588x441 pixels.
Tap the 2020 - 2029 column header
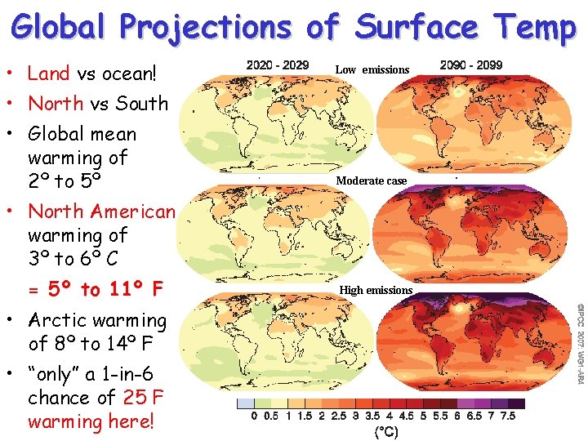(x=278, y=65)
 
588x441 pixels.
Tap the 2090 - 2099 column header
(x=471, y=65)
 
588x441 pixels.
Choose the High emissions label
(x=376, y=290)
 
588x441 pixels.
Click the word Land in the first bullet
(x=49, y=73)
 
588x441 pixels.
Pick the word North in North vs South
(x=56, y=104)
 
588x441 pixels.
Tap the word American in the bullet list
(x=133, y=212)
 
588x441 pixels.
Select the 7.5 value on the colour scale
(x=507, y=417)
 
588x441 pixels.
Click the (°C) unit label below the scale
(x=385, y=432)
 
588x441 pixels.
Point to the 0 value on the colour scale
(x=253, y=417)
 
